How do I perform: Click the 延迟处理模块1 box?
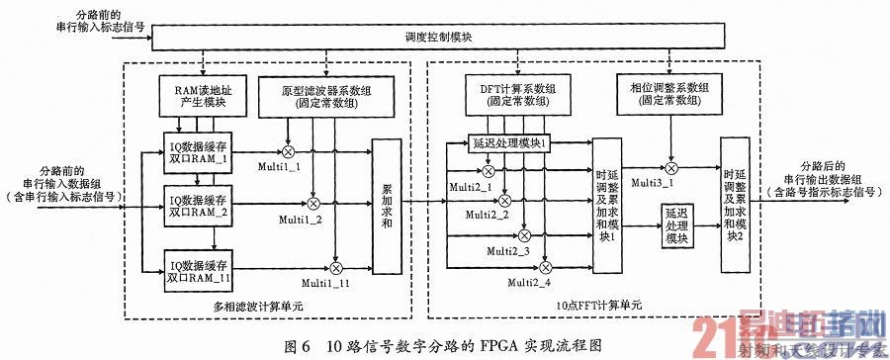coord(509,145)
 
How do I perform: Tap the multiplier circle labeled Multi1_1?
coord(289,150)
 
